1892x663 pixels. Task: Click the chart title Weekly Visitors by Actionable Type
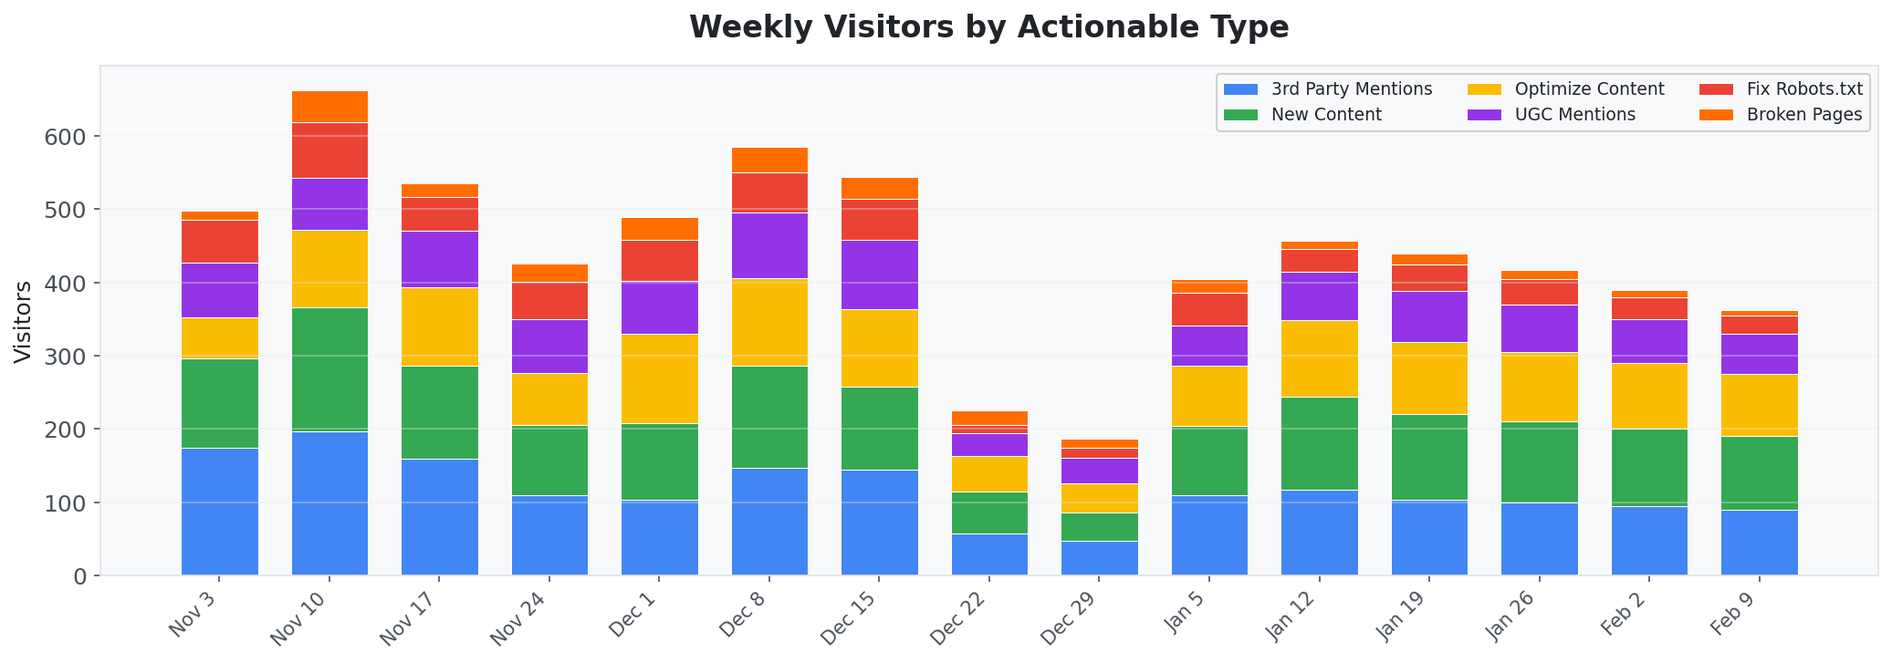988,27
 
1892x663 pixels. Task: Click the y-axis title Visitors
24,321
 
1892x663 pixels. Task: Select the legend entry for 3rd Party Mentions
1351,89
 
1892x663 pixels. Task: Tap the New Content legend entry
1326,115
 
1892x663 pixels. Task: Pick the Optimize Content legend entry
1589,89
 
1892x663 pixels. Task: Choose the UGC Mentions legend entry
1574,115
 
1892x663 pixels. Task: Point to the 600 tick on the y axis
68,137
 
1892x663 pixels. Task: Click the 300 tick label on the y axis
68,357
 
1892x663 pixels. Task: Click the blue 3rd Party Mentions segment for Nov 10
329,503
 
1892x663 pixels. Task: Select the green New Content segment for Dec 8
769,417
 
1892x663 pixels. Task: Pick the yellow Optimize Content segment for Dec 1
660,378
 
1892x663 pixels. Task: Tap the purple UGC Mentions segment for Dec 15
880,275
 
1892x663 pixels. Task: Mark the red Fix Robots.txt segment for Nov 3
220,242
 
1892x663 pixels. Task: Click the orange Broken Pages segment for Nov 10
329,107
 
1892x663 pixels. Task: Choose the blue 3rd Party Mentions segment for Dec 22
989,554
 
